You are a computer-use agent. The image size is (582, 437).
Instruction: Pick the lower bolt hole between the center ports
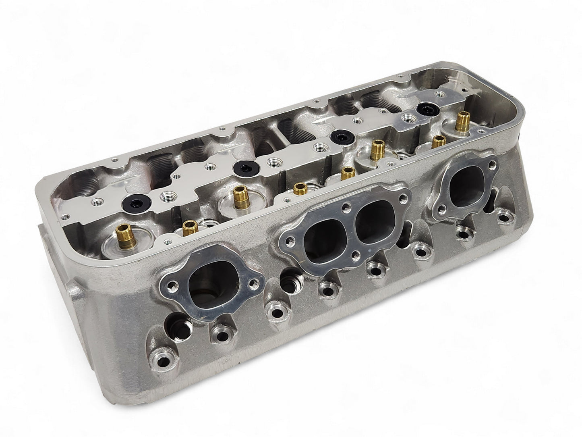click(x=356, y=255)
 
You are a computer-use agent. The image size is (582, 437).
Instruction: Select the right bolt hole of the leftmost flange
click(x=253, y=283)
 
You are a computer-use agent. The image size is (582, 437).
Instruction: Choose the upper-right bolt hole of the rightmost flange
click(x=492, y=165)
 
